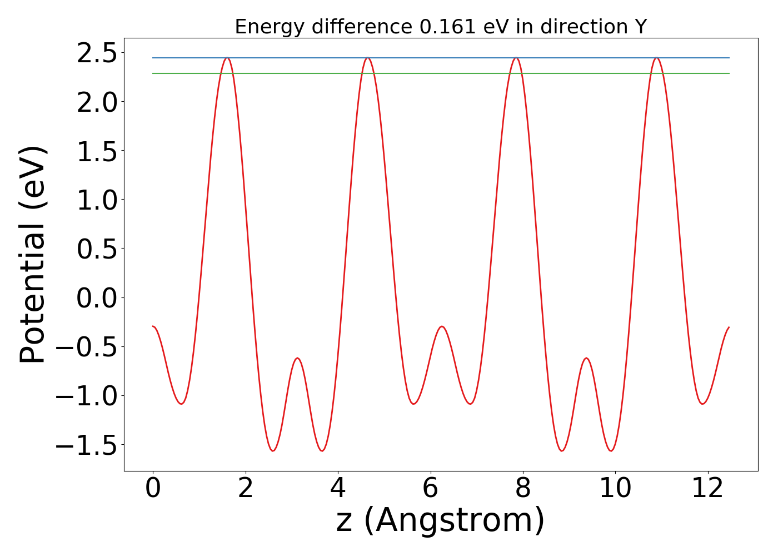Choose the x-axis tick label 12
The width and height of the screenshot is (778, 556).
pos(707,488)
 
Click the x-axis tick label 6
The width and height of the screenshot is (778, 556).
pos(430,488)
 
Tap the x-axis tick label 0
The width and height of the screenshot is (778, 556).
pos(153,488)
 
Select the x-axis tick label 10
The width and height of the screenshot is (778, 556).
pos(615,488)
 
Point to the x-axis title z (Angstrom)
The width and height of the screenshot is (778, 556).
pos(440,521)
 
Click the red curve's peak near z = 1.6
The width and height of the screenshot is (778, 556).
pos(227,58)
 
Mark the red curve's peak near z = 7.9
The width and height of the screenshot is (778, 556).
pos(516,58)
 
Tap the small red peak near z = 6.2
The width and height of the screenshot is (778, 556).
pos(442,326)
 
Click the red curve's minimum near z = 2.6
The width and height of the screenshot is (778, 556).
pos(273,450)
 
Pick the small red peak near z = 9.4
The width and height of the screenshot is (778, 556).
pos(586,358)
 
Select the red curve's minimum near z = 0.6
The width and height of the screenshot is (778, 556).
pos(181,404)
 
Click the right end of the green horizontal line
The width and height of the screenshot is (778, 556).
pos(729,73)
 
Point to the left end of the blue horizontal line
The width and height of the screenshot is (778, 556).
pos(153,58)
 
